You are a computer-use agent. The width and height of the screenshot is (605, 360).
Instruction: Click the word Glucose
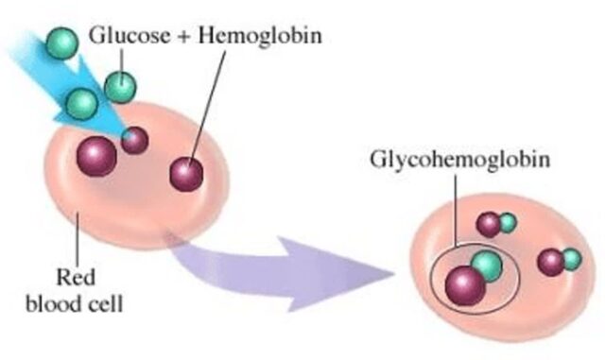[130, 35]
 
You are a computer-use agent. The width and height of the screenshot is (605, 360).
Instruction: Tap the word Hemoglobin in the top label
[260, 35]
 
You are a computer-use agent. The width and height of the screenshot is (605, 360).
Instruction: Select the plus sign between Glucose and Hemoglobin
[184, 36]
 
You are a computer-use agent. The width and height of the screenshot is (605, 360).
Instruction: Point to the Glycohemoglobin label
[460, 160]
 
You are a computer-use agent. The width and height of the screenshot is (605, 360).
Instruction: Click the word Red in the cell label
[76, 278]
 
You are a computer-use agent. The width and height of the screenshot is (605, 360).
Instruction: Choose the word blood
[55, 303]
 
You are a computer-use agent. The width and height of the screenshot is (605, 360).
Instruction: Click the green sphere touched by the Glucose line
[120, 87]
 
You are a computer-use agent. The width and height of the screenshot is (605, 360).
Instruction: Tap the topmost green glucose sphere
[62, 43]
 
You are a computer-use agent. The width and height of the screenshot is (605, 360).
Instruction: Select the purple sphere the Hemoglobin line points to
[186, 174]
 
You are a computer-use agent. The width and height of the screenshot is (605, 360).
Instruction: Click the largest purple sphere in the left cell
[96, 156]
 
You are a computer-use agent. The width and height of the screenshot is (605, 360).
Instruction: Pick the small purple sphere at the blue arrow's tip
[134, 141]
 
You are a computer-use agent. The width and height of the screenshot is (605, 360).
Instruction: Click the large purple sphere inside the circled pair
[465, 286]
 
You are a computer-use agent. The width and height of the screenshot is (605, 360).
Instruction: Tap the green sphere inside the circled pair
[487, 266]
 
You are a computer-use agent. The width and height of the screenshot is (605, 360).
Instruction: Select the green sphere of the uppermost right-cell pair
[508, 223]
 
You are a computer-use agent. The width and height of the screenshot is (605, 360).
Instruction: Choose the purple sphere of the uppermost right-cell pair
[489, 225]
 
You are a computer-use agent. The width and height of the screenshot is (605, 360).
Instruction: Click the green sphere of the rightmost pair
[571, 259]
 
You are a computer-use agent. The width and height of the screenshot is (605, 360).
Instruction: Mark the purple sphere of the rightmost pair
[551, 263]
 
